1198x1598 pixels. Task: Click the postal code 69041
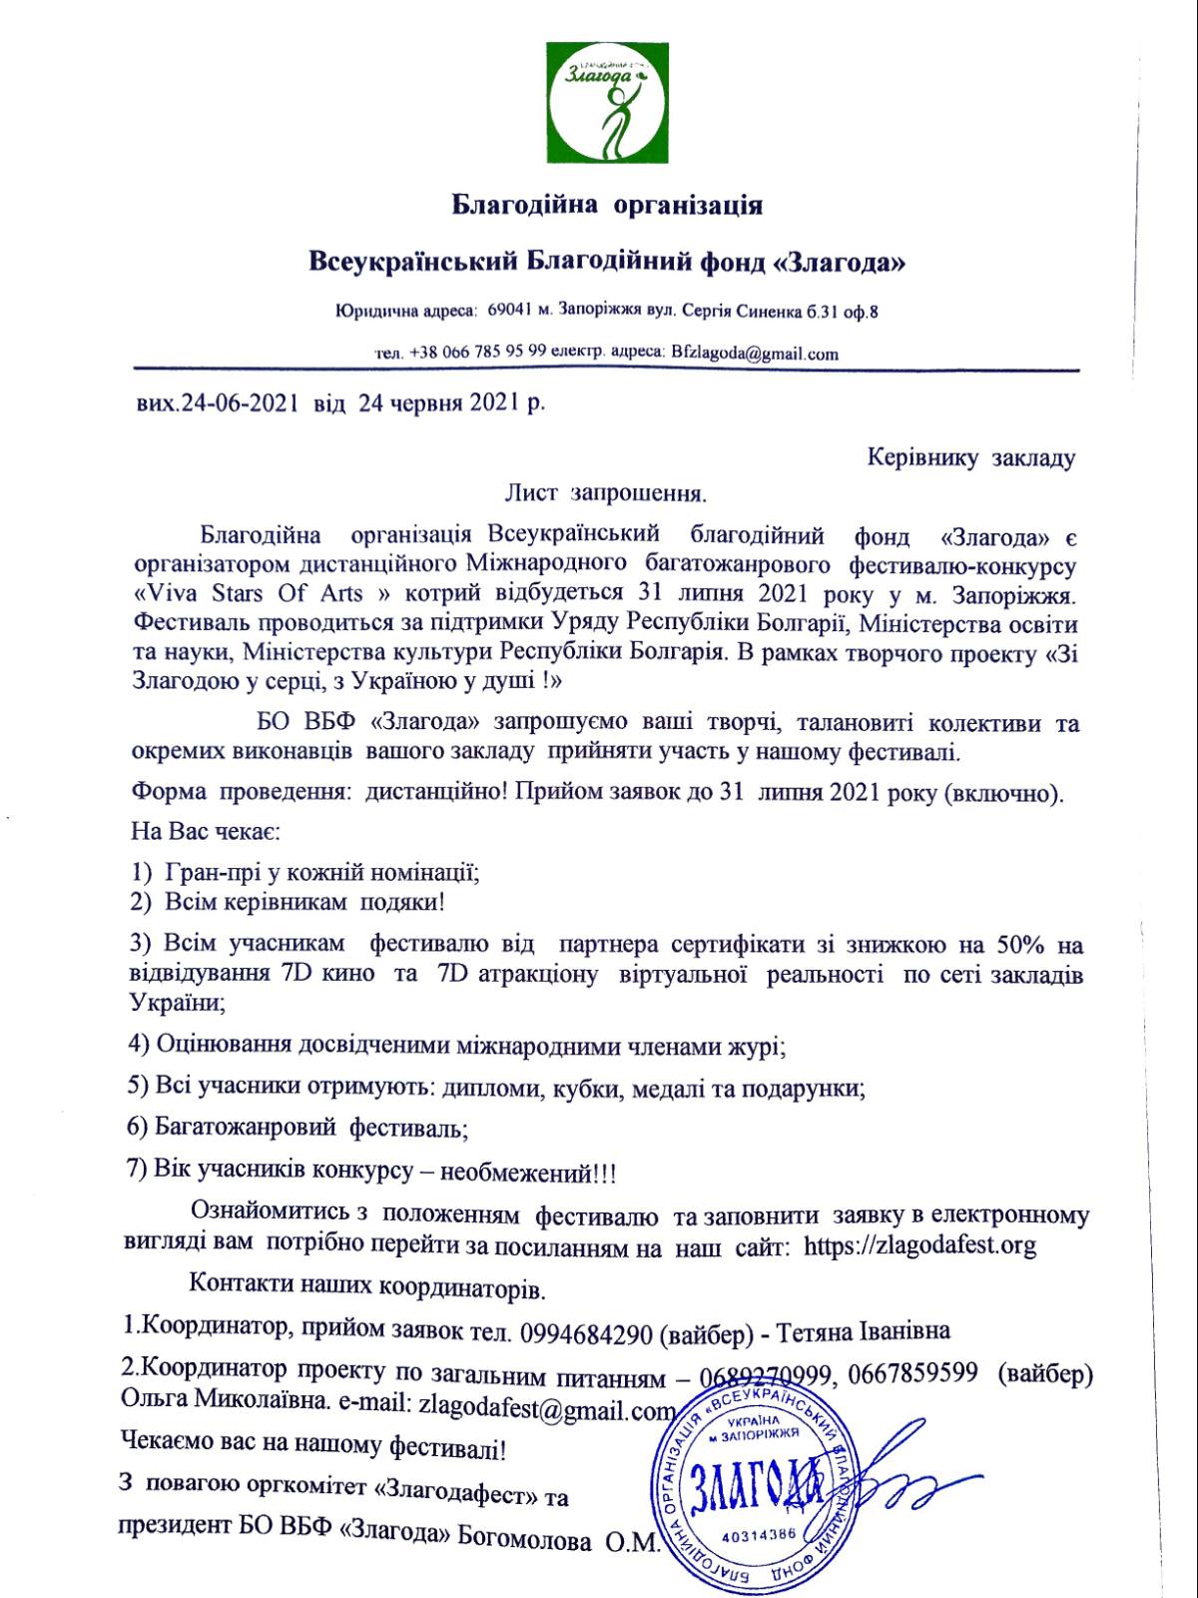coord(510,312)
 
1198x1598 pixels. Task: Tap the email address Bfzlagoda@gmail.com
coord(756,353)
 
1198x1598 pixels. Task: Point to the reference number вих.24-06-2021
coord(218,404)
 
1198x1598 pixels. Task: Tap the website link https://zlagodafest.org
coord(919,1245)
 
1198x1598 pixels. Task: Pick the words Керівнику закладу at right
coord(971,458)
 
